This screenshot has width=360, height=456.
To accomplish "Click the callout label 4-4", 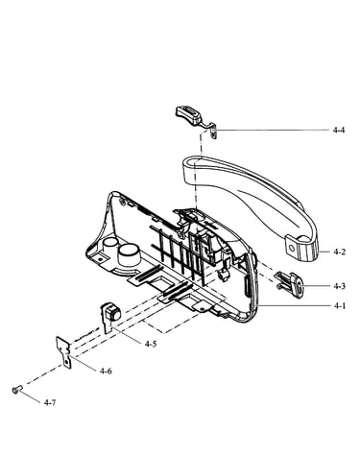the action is click(339, 130).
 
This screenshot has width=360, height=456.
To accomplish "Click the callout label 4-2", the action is click(340, 252).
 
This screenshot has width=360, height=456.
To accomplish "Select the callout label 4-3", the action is click(339, 286).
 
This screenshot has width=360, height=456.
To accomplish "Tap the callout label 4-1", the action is click(340, 306).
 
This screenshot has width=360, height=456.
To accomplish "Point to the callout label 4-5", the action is click(151, 344).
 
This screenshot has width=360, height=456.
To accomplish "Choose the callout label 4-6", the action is click(106, 372).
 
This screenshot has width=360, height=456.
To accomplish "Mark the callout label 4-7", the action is click(50, 402).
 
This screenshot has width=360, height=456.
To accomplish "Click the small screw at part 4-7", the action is click(16, 390).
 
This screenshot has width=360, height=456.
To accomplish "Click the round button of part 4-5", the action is click(114, 313).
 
